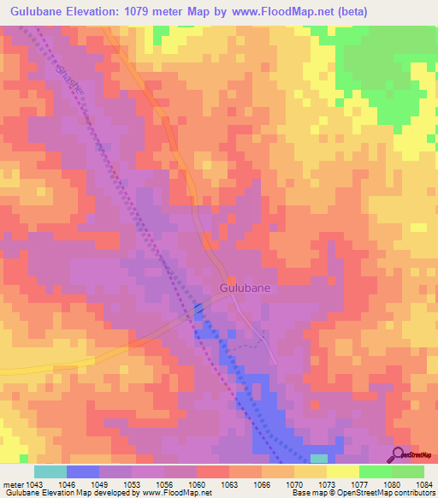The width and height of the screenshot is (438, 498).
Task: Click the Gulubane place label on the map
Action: point(246,288)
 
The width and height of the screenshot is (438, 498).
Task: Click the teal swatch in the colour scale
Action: point(50,471)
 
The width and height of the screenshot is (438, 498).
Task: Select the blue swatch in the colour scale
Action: point(83,471)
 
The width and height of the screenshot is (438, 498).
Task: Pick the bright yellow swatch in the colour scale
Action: point(343,471)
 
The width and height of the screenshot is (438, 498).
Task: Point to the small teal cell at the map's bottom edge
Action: point(318,459)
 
